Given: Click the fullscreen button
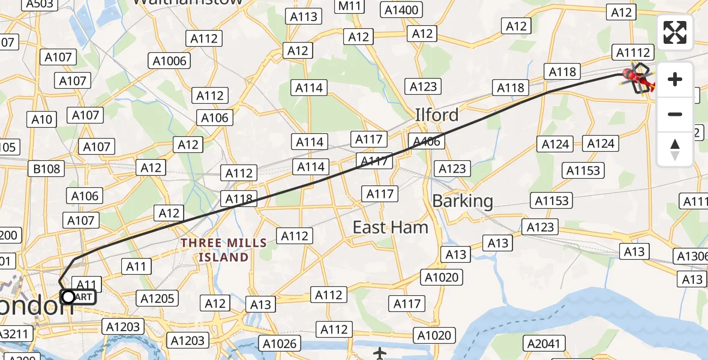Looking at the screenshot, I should [675, 32].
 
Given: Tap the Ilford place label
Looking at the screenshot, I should [437, 114].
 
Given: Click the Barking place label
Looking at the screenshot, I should [463, 201].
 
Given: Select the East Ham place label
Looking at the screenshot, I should [390, 227].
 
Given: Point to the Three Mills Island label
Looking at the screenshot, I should [224, 250].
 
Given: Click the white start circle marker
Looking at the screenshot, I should [68, 296].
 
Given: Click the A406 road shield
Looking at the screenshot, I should [427, 142].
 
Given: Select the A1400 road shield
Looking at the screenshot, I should [401, 10].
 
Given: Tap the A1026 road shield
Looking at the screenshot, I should [280, 343].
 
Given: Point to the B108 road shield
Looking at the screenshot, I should [47, 169].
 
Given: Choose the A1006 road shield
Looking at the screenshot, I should [170, 61].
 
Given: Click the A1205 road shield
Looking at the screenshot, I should [157, 298].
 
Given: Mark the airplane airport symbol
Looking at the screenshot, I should [380, 353].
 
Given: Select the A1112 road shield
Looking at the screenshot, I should [633, 53].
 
